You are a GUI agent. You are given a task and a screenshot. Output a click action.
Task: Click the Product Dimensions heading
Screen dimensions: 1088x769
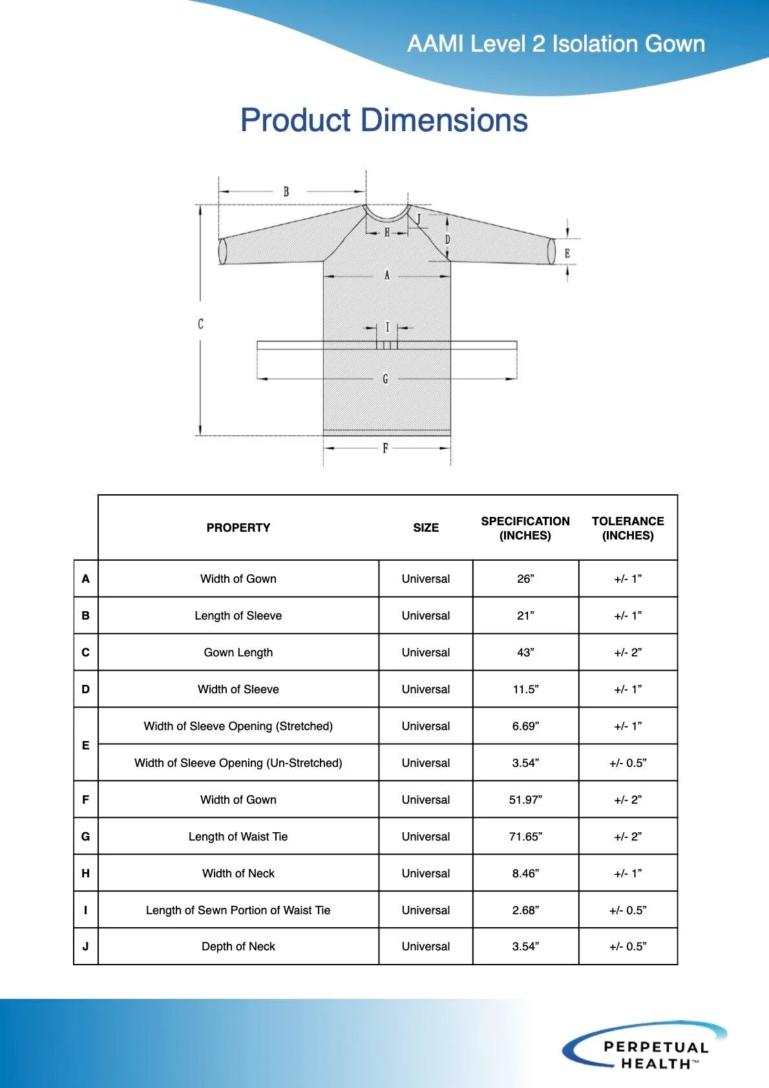(x=384, y=120)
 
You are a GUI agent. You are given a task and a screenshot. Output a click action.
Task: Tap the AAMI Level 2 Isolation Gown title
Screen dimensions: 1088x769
(x=556, y=44)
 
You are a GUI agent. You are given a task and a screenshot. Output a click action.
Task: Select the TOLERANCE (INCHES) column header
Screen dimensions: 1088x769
(x=627, y=528)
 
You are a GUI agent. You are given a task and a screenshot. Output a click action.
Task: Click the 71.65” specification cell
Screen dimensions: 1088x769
(x=525, y=837)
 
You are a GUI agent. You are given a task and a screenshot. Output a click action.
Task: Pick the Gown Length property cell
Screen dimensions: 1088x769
(x=238, y=653)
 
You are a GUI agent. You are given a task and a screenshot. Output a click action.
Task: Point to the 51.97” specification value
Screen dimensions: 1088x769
(x=525, y=800)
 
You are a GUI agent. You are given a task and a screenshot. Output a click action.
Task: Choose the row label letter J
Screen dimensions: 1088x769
(x=85, y=947)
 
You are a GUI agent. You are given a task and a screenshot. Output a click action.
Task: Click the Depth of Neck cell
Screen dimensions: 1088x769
(x=238, y=947)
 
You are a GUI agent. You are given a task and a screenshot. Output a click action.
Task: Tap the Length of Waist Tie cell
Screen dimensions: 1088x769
(x=238, y=837)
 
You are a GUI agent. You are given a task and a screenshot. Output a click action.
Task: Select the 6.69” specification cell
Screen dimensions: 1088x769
(x=525, y=726)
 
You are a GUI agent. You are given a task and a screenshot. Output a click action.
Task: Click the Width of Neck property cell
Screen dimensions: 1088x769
(x=238, y=874)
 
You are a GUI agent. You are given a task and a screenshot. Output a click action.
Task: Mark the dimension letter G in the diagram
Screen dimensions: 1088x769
(x=385, y=379)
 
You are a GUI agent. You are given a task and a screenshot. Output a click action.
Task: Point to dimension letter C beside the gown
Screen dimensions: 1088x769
(x=200, y=324)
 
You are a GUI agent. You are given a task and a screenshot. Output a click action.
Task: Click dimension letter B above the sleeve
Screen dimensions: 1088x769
(x=286, y=191)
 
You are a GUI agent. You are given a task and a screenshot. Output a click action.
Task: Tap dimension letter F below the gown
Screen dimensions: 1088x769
(x=385, y=448)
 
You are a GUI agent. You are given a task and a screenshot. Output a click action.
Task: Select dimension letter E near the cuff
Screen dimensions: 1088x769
(x=567, y=253)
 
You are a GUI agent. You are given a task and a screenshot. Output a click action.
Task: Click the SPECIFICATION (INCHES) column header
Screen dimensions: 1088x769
(x=525, y=528)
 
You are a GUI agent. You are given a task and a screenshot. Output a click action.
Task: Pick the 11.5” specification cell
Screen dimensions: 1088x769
(x=525, y=689)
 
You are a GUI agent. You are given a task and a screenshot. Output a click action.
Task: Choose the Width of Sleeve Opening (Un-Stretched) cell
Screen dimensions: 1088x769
(x=238, y=763)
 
